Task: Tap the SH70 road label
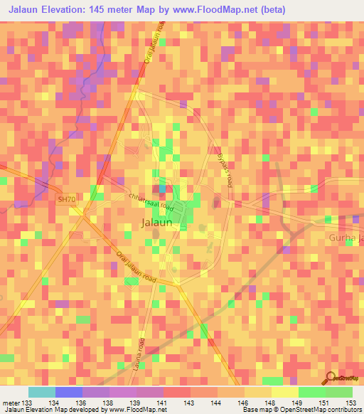coord(66,200)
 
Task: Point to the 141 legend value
coord(163,402)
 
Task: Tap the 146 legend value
coord(243,402)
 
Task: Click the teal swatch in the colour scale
coord(42,392)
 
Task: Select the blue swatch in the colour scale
coord(69,392)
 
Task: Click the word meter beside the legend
coord(11,402)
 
